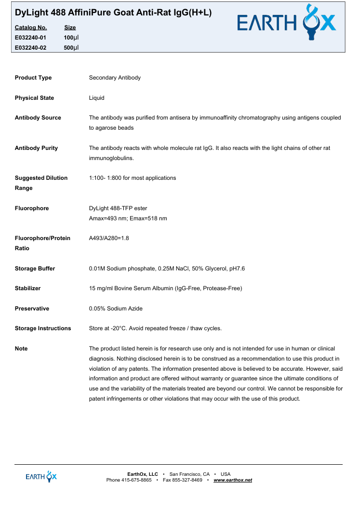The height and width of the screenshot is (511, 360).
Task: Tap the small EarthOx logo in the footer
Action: [x=41, y=476]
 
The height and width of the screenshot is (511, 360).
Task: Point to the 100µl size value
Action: [x=71, y=37]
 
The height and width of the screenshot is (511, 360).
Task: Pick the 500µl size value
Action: [x=71, y=47]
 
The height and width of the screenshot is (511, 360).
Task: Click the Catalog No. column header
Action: [x=31, y=27]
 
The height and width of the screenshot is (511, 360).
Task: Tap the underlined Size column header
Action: [x=70, y=27]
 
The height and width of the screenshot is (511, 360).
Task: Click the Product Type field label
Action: [x=33, y=78]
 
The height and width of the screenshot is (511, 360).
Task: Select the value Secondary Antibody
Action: [x=115, y=78]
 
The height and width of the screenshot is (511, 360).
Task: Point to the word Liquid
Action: [x=96, y=98]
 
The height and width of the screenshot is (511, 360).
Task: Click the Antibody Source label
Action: [x=38, y=118]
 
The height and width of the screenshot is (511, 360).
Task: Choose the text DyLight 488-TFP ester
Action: [x=118, y=208]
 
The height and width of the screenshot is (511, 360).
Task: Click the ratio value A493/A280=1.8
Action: [x=109, y=238]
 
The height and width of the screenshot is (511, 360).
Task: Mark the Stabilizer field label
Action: [x=27, y=288]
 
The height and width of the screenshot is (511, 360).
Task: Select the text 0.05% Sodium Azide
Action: [x=116, y=309]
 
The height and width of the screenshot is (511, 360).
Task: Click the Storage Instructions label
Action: [x=43, y=328]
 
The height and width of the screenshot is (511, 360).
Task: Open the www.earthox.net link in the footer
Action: [x=233, y=480]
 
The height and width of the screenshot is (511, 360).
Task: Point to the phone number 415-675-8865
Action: [x=136, y=480]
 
